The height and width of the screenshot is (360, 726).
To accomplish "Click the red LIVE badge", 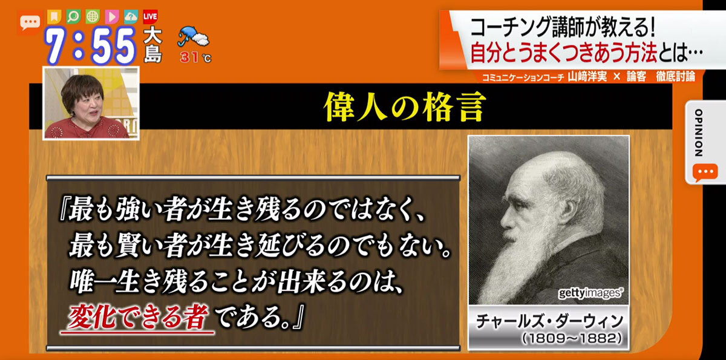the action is [x=151, y=17].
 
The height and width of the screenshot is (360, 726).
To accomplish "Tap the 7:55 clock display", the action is [x=91, y=46].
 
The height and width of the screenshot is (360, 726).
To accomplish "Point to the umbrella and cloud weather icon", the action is [x=193, y=38].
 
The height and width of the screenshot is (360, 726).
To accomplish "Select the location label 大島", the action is [x=152, y=45].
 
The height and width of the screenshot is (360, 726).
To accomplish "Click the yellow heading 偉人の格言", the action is [x=405, y=107].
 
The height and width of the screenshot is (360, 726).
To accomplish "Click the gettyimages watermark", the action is [x=590, y=293].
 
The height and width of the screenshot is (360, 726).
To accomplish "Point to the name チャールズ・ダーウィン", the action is [x=549, y=321].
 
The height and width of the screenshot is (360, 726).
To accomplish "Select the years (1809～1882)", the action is [x=572, y=339].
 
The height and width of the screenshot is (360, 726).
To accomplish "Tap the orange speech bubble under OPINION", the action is [x=705, y=172].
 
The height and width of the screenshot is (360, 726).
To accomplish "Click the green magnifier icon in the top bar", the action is [x=74, y=17].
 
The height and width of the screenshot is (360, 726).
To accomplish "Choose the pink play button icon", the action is [x=112, y=17].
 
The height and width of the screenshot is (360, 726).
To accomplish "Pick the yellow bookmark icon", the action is [x=54, y=17].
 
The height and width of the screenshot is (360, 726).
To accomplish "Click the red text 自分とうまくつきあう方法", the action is [x=564, y=53].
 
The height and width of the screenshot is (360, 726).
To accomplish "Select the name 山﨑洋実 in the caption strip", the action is [x=587, y=77].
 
